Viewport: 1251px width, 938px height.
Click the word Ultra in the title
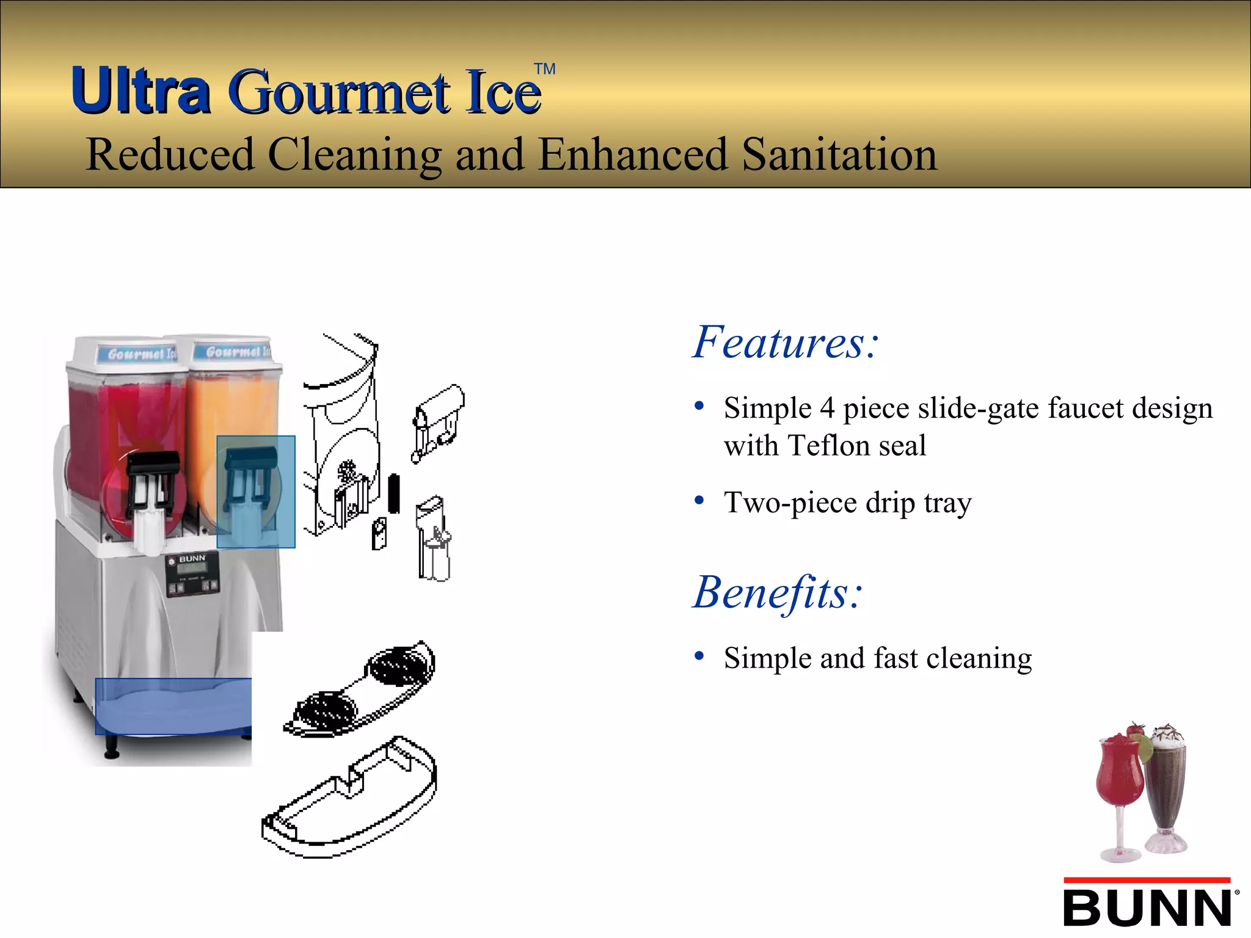(x=140, y=92)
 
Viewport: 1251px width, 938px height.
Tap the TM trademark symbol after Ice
(x=544, y=69)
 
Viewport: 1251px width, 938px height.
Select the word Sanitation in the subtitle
(x=839, y=155)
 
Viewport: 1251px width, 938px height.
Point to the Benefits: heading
(x=778, y=592)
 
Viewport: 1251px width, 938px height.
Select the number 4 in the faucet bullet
(x=827, y=408)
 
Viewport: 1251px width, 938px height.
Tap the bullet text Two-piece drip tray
(x=847, y=503)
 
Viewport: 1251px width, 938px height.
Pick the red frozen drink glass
(x=1120, y=788)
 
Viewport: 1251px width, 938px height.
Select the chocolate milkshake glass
(x=1165, y=788)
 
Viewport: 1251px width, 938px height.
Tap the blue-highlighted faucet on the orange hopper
(x=255, y=492)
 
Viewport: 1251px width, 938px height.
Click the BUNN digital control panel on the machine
(x=192, y=575)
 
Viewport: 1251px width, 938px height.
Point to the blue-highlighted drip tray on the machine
(x=173, y=706)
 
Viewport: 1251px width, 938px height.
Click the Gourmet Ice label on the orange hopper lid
(x=236, y=352)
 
